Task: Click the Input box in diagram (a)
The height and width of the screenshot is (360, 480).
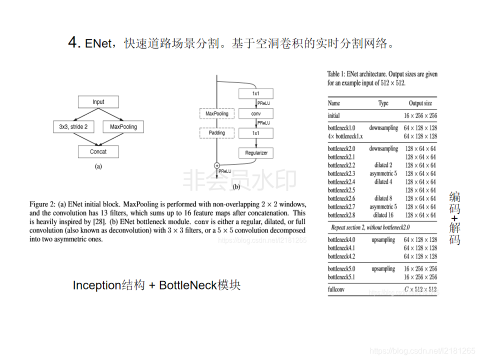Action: pyautogui.click(x=98, y=102)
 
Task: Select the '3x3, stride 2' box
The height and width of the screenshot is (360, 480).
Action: pyautogui.click(x=73, y=127)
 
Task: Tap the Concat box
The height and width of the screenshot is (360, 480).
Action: pyautogui.click(x=98, y=151)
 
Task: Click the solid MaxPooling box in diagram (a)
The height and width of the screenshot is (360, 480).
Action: pyautogui.click(x=123, y=127)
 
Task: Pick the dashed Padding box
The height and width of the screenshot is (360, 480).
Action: pyautogui.click(x=216, y=133)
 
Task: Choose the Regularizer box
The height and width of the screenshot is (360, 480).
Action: pyautogui.click(x=256, y=152)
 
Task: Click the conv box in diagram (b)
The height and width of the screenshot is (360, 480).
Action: pyautogui.click(x=255, y=114)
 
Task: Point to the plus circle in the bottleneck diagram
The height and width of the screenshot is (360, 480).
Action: pyautogui.click(x=217, y=165)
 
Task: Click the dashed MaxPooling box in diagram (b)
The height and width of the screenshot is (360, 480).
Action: pyautogui.click(x=216, y=114)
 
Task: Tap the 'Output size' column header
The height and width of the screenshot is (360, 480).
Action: pyautogui.click(x=420, y=103)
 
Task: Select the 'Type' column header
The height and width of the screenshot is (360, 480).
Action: pyautogui.click(x=383, y=103)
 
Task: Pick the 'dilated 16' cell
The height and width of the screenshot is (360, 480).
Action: pyautogui.click(x=383, y=215)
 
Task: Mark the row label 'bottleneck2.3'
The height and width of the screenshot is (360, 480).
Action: pyautogui.click(x=341, y=173)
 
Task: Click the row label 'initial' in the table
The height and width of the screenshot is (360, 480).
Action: pyautogui.click(x=334, y=115)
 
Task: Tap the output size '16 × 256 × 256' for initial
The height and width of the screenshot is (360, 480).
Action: pyautogui.click(x=420, y=115)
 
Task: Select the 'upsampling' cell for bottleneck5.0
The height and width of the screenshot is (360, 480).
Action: pyautogui.click(x=383, y=268)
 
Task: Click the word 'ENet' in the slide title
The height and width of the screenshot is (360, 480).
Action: pyautogui.click(x=98, y=43)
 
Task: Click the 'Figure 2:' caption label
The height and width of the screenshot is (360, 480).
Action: pyautogui.click(x=43, y=204)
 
